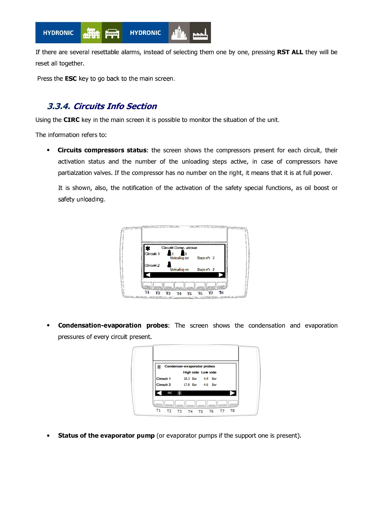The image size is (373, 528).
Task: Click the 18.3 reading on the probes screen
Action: [x=186, y=379]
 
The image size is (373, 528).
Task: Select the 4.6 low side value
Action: [x=206, y=385]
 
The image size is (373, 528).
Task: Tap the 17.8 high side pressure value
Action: [x=186, y=385]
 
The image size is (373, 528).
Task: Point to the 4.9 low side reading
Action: [x=206, y=379]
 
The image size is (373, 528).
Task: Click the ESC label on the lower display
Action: [x=170, y=393]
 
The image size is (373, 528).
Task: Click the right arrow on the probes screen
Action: [x=232, y=393]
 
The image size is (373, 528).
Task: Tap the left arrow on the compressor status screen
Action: [x=148, y=275]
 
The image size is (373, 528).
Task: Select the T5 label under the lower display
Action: [x=201, y=412]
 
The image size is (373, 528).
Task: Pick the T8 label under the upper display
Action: [x=221, y=293]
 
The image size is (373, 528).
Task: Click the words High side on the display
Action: [x=191, y=372]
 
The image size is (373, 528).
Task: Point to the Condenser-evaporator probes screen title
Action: [x=190, y=366]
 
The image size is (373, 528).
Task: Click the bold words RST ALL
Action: [x=290, y=52]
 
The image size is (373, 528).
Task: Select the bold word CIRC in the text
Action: [x=71, y=120]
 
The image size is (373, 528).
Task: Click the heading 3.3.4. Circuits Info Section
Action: [x=102, y=106]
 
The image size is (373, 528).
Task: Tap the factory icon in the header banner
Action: [x=200, y=33]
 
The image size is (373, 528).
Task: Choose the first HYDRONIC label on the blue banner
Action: [x=58, y=33]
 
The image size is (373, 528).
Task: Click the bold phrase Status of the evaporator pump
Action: [x=106, y=436]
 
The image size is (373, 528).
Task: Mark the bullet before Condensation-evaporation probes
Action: [x=48, y=325]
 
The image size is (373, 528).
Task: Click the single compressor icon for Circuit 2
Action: [x=169, y=265]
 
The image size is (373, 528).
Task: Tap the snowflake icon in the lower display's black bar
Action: [x=180, y=393]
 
